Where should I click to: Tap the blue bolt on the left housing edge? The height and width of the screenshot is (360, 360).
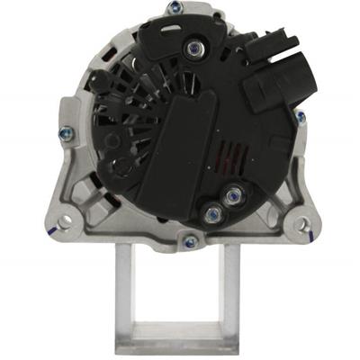coord(63,133)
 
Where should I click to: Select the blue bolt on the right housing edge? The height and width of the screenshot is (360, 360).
coord(300,116)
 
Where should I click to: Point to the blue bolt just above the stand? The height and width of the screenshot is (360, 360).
coord(189,241)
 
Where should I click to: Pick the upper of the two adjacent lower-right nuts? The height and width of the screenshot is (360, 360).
coord(234,194)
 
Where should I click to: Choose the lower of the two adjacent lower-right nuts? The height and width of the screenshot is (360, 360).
coord(213,213)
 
